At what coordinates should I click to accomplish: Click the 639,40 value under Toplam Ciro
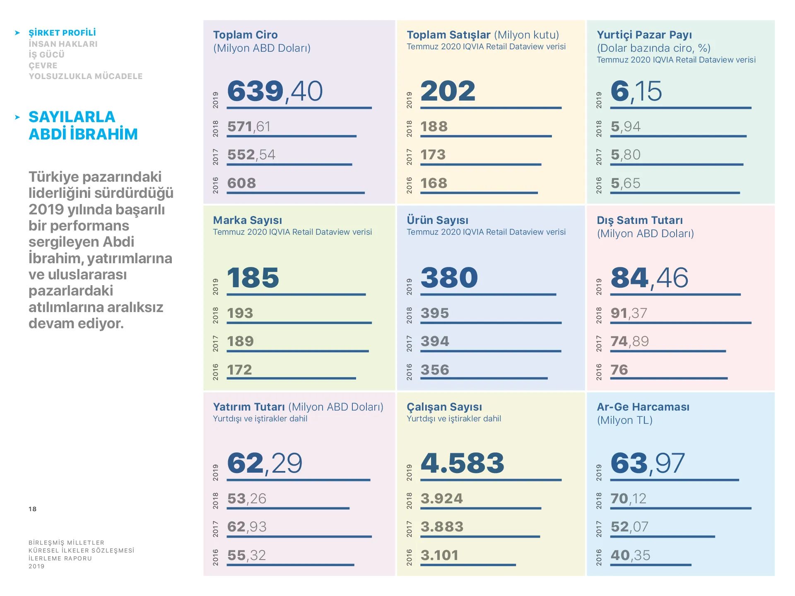tap(275, 91)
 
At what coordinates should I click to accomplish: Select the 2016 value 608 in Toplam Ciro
tap(241, 183)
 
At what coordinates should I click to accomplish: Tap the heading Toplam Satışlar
tap(448, 35)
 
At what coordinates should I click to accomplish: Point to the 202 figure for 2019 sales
tap(448, 91)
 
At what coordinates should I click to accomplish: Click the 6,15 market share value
tap(636, 91)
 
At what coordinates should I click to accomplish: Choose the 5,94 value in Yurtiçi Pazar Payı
tap(625, 126)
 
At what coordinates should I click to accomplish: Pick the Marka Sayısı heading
tap(247, 220)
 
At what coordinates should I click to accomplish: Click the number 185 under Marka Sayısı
tap(253, 277)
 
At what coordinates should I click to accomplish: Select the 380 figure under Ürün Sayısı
tap(449, 277)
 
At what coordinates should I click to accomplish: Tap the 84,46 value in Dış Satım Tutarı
tap(649, 277)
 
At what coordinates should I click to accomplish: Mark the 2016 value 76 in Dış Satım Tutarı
tap(619, 370)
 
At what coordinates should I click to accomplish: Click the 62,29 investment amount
tap(265, 463)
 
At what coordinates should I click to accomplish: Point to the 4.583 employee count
tap(463, 463)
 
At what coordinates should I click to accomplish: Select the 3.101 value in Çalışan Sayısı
tap(439, 555)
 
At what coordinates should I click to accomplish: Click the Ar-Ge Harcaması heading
tap(643, 407)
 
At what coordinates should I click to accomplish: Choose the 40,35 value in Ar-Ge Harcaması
tap(630, 555)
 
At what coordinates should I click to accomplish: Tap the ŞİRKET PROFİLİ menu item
tap(62, 33)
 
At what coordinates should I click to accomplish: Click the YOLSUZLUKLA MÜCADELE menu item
tap(85, 76)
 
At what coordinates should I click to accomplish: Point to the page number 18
tap(32, 509)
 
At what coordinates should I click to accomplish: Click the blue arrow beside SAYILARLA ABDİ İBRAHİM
tap(17, 118)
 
